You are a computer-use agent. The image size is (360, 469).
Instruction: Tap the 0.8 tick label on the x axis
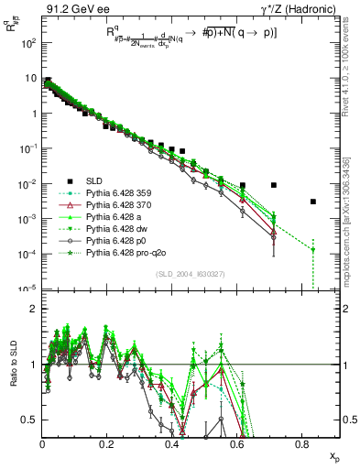point(302,444)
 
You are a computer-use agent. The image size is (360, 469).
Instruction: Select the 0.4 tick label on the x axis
point(172,444)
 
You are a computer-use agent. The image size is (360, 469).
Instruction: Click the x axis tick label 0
point(42,444)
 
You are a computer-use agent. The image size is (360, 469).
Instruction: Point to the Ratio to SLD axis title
point(11,376)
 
